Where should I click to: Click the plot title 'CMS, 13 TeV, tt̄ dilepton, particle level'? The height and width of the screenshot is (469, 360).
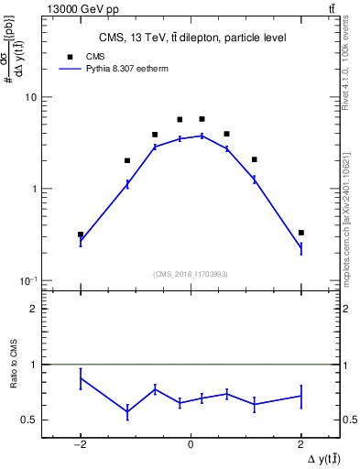(x=191, y=38)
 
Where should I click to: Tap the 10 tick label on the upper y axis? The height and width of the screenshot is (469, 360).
(x=30, y=97)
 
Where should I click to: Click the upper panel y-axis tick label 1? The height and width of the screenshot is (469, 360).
(x=34, y=189)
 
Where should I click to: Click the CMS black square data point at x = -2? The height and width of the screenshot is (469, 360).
(x=81, y=234)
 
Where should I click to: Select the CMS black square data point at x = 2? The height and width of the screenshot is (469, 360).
(x=300, y=233)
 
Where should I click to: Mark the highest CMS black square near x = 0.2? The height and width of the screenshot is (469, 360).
(x=202, y=119)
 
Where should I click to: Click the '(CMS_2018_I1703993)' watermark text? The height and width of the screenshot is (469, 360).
(x=191, y=273)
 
